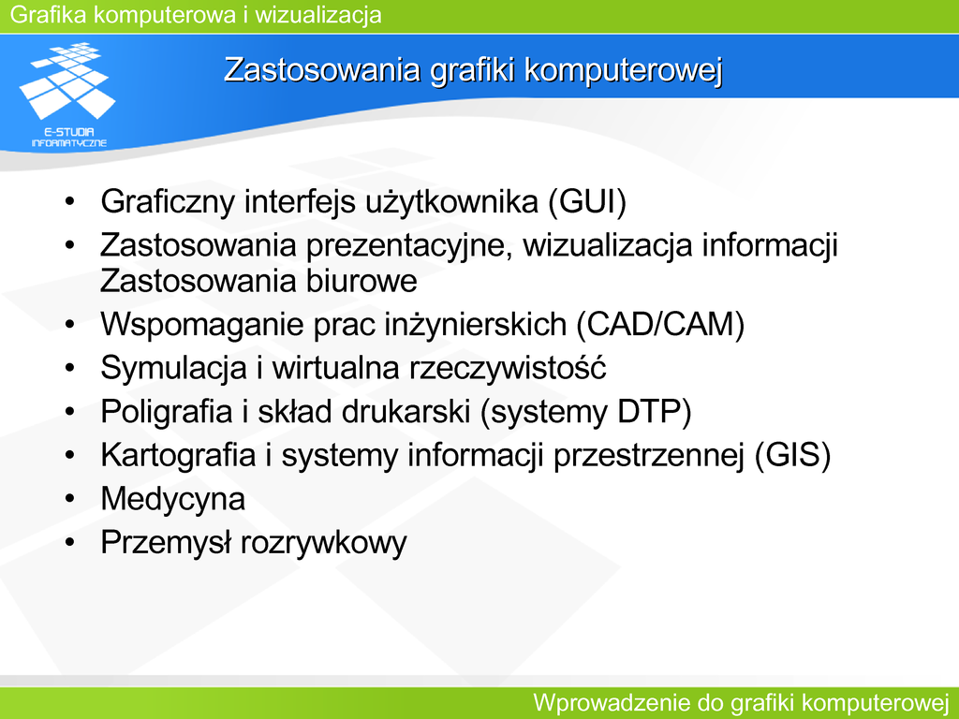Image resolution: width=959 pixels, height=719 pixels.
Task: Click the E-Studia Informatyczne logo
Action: (x=67, y=95)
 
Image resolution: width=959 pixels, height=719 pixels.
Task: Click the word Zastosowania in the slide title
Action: (x=322, y=69)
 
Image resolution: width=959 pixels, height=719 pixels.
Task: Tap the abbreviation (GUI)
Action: (x=587, y=202)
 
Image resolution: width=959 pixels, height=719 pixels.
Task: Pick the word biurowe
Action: (x=361, y=281)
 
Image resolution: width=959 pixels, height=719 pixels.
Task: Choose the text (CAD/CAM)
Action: (x=660, y=324)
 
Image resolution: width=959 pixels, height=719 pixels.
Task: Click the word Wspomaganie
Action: (x=202, y=325)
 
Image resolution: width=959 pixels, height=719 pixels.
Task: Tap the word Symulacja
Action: (x=173, y=368)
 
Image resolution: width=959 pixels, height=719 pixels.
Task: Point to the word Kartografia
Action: (x=178, y=455)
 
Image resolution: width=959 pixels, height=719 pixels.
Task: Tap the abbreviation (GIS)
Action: (x=792, y=455)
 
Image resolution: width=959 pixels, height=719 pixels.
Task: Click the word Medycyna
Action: (x=173, y=499)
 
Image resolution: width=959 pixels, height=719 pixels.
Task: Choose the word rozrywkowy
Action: (x=323, y=543)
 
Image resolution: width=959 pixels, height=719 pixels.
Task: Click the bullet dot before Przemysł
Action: (x=69, y=542)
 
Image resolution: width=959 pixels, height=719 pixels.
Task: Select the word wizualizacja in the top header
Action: (x=318, y=14)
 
